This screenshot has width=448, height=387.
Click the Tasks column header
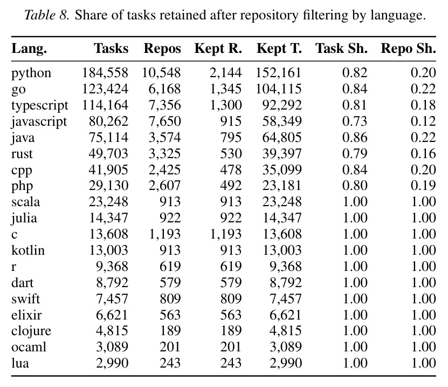[x=111, y=49]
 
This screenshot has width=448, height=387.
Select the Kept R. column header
[x=218, y=49]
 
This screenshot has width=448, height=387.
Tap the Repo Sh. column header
[x=409, y=49]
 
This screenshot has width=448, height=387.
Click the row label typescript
[x=40, y=106]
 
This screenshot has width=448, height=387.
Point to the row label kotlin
[x=28, y=250]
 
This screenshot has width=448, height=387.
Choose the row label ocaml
[x=29, y=347]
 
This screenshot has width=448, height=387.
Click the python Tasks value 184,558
[x=105, y=73]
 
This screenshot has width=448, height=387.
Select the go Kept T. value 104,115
[x=279, y=89]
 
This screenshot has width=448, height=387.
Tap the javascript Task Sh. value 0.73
[x=355, y=121]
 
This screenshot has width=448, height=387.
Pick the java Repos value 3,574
[x=164, y=137]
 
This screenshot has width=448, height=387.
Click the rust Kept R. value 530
[x=231, y=154]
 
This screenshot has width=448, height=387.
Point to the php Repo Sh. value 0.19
[x=423, y=186]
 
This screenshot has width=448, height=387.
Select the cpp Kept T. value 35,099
[x=282, y=169]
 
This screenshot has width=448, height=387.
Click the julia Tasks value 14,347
[x=108, y=218]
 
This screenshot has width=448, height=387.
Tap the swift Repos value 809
[x=170, y=298]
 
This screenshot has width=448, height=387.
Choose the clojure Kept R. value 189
[x=231, y=331]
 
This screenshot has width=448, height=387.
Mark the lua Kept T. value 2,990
[x=286, y=363]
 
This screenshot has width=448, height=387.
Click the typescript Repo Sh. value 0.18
[x=423, y=105]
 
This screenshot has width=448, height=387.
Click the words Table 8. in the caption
[x=47, y=15]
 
